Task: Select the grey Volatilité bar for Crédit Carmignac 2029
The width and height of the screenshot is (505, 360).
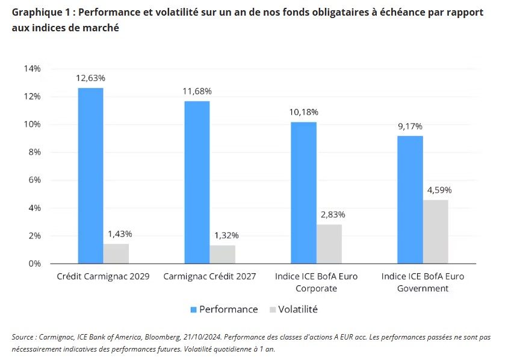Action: tap(116, 253)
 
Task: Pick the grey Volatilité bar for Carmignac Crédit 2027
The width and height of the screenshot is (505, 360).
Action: tap(223, 254)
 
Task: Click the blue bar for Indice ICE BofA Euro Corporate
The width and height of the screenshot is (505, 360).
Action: tap(304, 193)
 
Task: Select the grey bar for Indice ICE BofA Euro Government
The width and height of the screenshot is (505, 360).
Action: tap(436, 232)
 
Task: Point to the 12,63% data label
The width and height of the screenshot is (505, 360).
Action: tap(90, 78)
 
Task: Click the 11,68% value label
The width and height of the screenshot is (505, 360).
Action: tap(197, 92)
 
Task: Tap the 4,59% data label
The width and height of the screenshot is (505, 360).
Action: tap(436, 190)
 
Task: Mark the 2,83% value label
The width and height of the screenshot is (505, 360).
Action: tap(330, 215)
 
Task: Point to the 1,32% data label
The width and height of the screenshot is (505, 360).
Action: tap(223, 235)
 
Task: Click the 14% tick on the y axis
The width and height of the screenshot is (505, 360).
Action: tap(32, 69)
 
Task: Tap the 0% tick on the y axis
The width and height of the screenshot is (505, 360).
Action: tap(34, 264)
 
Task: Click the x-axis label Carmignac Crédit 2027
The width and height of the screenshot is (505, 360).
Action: tap(209, 276)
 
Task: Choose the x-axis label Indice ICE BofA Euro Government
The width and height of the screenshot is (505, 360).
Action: tap(423, 282)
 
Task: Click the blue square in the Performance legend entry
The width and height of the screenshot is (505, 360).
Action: tap(194, 309)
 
